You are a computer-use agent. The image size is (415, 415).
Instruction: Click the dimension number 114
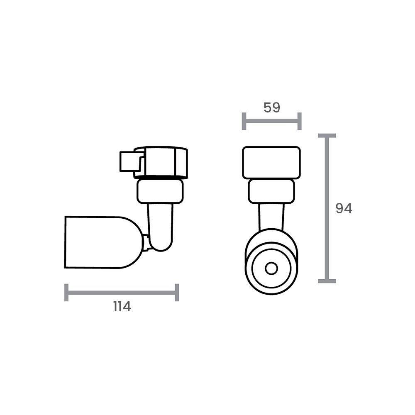[122, 307]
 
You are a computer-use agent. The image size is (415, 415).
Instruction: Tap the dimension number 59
[272, 107]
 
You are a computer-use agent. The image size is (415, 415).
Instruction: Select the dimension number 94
[344, 209]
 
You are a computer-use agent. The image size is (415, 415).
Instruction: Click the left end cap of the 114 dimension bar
[66, 293]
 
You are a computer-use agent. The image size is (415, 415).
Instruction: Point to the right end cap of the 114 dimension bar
[177, 293]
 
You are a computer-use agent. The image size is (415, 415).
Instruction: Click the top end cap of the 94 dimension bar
[327, 136]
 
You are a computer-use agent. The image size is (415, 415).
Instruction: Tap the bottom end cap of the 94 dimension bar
[327, 281]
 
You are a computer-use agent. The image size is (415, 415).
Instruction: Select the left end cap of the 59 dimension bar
[244, 121]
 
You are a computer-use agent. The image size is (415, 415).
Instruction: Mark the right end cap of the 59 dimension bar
[299, 121]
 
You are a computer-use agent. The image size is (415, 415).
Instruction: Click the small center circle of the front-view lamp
[271, 269]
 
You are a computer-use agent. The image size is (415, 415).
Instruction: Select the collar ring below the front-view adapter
[271, 192]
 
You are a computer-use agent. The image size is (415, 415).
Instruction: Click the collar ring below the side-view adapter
[160, 191]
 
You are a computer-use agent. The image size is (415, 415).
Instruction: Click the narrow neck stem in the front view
[272, 216]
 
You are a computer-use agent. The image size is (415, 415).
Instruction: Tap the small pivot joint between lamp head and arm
[146, 242]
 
